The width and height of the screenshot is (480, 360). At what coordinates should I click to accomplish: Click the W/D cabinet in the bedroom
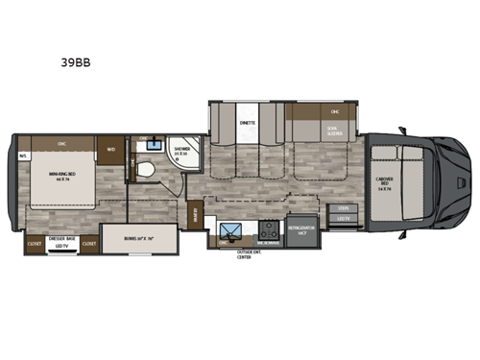pos(111,149)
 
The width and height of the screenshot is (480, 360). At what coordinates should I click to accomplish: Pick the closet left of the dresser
pos(33,244)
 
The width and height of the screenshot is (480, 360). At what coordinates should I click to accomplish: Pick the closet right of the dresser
pos(89,244)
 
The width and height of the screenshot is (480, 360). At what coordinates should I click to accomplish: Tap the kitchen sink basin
pos(230,231)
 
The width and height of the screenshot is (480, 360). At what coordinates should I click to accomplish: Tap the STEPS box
pos(342,206)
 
